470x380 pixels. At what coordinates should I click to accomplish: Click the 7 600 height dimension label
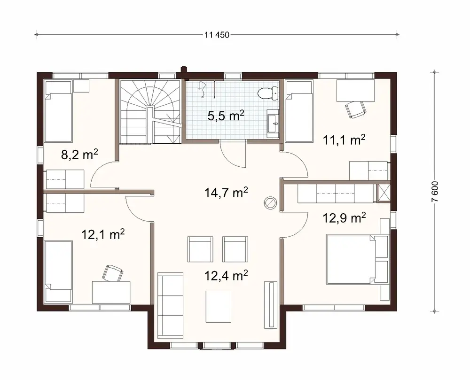[x=435, y=192]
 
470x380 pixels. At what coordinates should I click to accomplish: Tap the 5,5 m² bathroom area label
[x=226, y=116]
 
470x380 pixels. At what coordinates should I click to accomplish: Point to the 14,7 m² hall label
[x=226, y=192]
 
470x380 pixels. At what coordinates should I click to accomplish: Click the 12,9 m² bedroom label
[x=345, y=217]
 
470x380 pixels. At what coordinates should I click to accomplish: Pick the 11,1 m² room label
[x=344, y=140]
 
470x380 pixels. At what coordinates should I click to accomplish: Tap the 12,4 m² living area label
[x=226, y=276]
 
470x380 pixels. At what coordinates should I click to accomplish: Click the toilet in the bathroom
[x=267, y=93]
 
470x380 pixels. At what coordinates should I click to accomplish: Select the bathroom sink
[x=273, y=124]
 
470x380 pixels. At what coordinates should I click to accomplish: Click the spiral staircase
[x=150, y=112]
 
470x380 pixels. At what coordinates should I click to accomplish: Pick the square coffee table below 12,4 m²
[x=219, y=306]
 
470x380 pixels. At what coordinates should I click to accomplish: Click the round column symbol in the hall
[x=271, y=202]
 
